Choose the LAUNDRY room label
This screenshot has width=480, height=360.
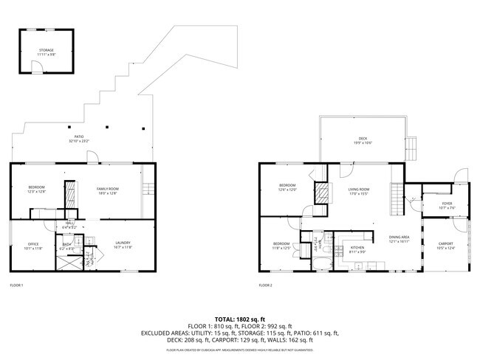click(x=123, y=244)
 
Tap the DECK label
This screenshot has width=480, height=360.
click(x=363, y=139)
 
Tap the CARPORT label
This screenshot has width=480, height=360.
click(x=445, y=245)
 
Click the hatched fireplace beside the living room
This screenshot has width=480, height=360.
click(x=322, y=193)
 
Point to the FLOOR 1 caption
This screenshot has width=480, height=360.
click(x=16, y=285)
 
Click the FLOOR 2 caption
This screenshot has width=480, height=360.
click(x=265, y=285)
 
